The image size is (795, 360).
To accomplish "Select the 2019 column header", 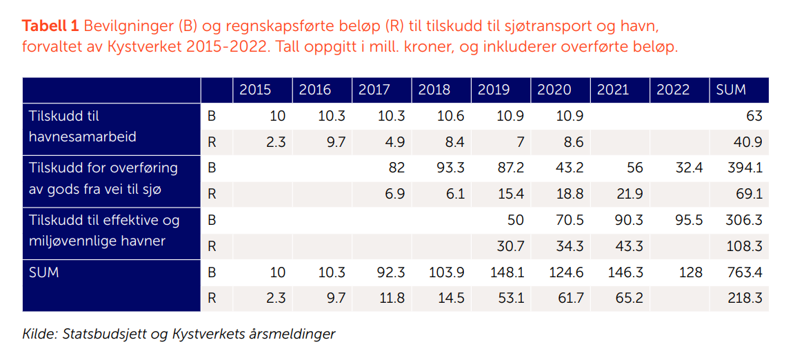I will [494, 90].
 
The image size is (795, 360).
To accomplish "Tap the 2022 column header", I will [674, 90].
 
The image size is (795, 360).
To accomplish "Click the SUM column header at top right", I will [731, 90].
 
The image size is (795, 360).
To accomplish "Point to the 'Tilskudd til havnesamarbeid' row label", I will [83, 126].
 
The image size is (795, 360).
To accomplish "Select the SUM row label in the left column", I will [44, 272].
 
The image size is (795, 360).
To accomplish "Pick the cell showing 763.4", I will [745, 272].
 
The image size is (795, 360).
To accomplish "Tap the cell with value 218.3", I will [745, 299].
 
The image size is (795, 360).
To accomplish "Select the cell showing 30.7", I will [510, 246].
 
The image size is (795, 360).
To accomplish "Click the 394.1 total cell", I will [745, 168].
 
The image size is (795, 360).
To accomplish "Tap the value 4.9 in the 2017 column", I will [394, 142].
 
